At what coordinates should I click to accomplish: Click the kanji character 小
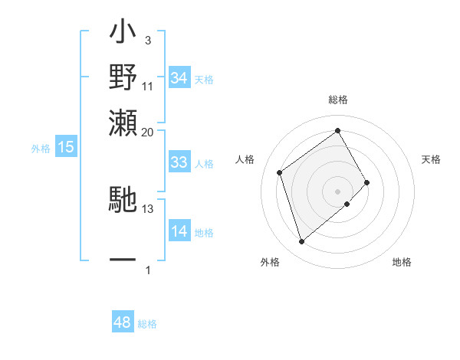[123, 35]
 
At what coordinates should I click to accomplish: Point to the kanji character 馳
[123, 201]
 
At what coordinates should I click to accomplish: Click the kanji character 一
[123, 260]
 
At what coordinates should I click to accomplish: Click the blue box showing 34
[179, 78]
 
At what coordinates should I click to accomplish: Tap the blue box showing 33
[179, 162]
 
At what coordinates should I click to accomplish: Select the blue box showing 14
[179, 232]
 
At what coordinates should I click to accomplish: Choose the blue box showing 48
[123, 322]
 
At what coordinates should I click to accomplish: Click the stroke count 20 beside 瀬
[148, 132]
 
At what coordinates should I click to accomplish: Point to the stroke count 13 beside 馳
[148, 208]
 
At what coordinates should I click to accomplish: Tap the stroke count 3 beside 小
[148, 40]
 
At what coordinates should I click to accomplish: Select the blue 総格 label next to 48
[147, 324]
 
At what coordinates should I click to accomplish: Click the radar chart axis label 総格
[338, 100]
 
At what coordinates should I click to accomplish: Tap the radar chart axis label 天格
[432, 159]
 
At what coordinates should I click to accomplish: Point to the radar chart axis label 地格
[402, 263]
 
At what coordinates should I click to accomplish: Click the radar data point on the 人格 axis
[280, 172]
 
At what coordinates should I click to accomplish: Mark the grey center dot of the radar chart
[338, 191]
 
